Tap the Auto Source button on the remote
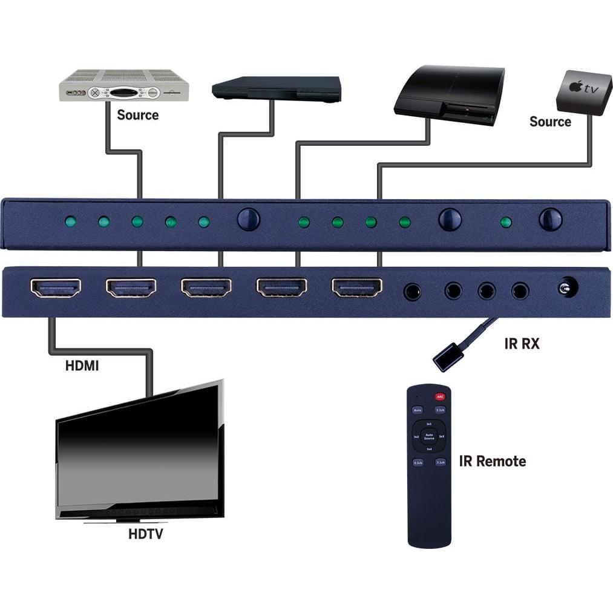(429, 436)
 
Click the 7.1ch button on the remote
(440, 462)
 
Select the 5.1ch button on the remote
(418, 462)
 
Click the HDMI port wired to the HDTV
(56, 288)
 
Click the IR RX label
(522, 344)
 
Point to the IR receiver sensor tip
(448, 356)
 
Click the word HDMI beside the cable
(82, 366)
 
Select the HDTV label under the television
(145, 534)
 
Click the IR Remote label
(492, 461)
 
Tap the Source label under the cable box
(137, 115)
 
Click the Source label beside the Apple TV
(550, 122)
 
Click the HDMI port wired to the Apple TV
(357, 288)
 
